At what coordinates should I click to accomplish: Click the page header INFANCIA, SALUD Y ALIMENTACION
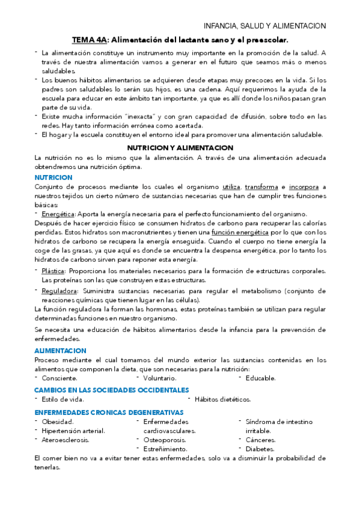(x=264, y=26)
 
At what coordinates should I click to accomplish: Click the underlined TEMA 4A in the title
(x=90, y=40)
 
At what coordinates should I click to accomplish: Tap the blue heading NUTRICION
(x=53, y=177)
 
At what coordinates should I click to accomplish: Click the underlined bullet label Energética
(x=58, y=214)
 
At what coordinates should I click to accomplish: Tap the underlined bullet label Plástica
(x=53, y=271)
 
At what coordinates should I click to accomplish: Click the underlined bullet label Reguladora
(x=59, y=291)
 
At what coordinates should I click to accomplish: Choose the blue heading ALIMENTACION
(x=60, y=350)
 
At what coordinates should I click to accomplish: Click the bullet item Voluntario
(x=159, y=378)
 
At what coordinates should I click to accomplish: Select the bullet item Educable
(x=261, y=378)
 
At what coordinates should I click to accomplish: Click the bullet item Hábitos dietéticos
(x=223, y=399)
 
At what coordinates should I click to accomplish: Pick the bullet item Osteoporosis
(x=165, y=440)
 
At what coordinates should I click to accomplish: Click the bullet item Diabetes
(x=260, y=449)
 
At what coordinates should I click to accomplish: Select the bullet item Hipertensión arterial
(x=73, y=431)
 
